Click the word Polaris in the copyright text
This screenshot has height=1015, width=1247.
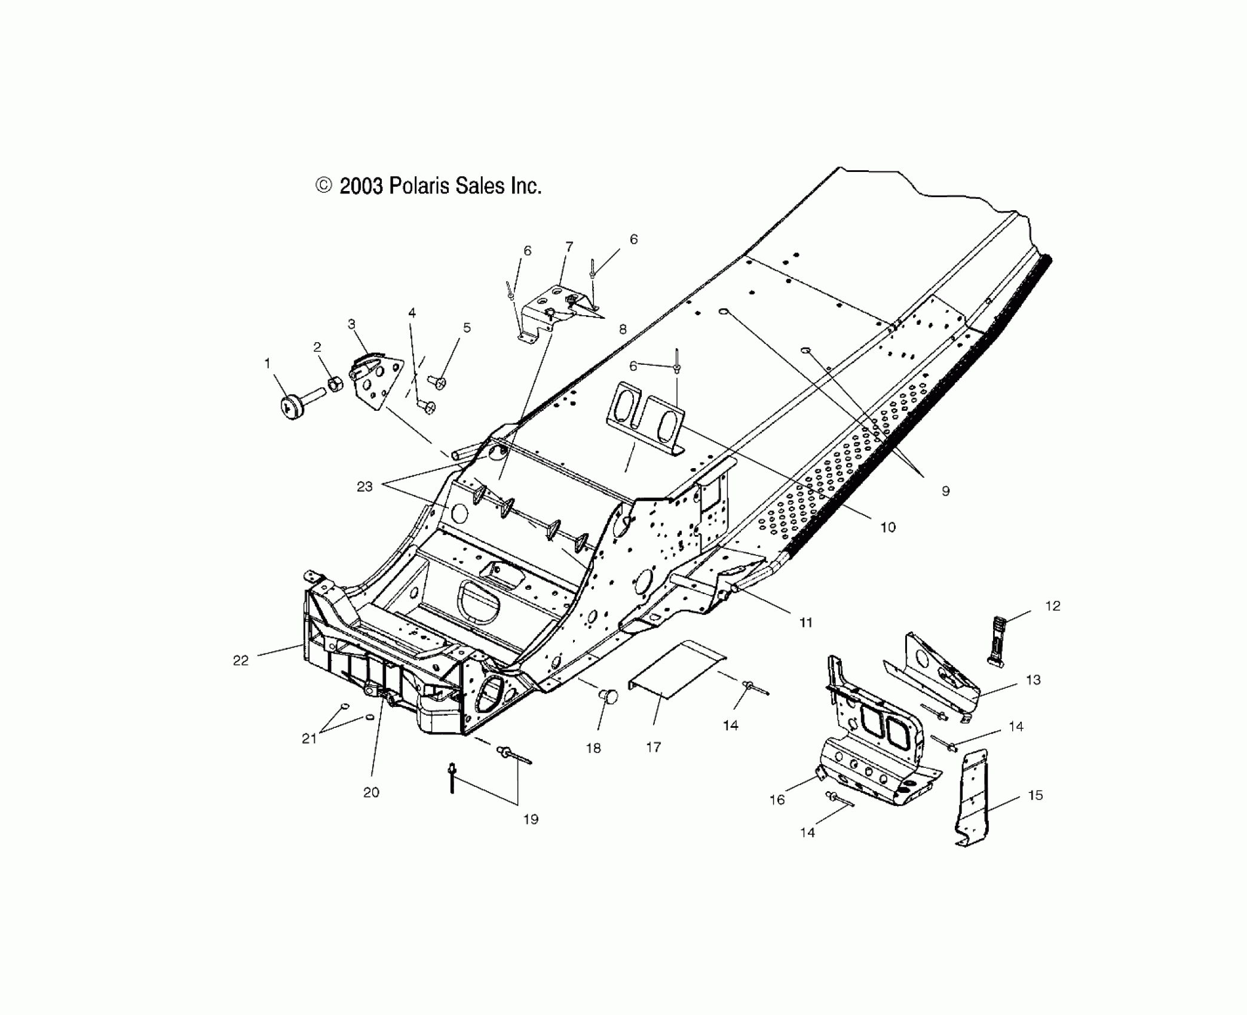coord(419,186)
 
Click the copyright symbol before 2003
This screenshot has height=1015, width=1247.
coord(323,186)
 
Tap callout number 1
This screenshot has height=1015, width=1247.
coord(267,363)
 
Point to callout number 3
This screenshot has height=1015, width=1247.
coord(351,324)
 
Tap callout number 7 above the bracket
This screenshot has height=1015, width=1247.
coord(569,246)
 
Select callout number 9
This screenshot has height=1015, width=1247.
coord(945,491)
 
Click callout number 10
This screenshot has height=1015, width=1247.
coord(888,527)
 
